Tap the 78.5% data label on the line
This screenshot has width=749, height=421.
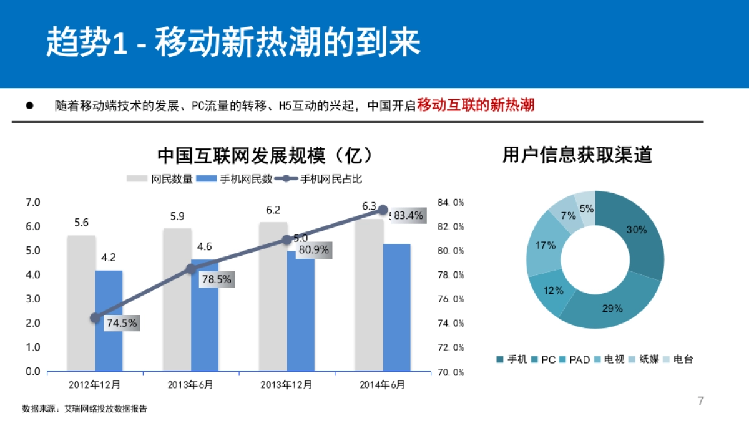[217, 279]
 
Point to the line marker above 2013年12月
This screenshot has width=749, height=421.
[287, 240]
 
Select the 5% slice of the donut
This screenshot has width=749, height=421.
[586, 206]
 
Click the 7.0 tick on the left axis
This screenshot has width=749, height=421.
[32, 202]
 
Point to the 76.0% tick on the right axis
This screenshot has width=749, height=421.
[450, 299]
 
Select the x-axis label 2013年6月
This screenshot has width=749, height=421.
[190, 385]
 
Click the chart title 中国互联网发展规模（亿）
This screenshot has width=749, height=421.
[265, 155]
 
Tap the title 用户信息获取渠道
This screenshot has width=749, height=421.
[577, 155]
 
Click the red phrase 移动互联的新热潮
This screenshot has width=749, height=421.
[476, 105]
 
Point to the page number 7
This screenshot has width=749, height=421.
[700, 401]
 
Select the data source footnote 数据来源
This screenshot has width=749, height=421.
[85, 409]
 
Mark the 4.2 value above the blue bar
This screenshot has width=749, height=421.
[109, 257]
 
